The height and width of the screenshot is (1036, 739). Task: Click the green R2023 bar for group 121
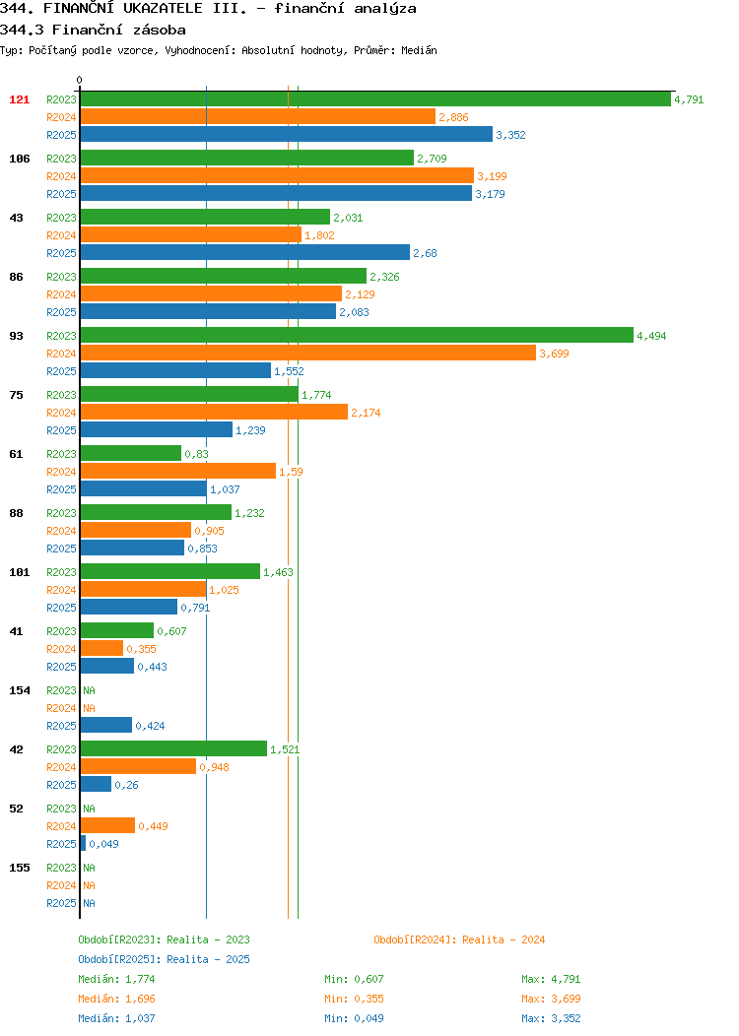[375, 99]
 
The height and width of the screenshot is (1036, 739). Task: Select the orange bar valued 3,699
[308, 354]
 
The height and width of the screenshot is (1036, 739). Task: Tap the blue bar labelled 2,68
[245, 253]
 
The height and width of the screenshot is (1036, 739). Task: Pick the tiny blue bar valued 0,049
[84, 844]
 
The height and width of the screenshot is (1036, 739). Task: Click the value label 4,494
[651, 336]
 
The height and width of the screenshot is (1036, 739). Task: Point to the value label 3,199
[492, 176]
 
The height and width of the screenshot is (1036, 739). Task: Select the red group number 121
[19, 99]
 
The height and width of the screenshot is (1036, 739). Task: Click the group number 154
[19, 690]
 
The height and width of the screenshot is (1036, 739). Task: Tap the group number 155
[19, 868]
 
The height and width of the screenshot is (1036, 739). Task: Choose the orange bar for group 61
[177, 471]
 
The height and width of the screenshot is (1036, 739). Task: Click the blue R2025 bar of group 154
[106, 725]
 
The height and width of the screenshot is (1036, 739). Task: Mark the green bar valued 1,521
[173, 748]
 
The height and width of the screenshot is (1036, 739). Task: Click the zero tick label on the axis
[80, 80]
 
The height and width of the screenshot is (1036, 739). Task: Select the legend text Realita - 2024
[504, 939]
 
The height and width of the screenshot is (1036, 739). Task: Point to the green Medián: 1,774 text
[116, 979]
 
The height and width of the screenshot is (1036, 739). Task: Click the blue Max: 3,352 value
[551, 1018]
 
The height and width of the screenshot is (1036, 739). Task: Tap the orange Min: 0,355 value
[354, 999]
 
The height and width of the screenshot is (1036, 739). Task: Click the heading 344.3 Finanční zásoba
[93, 30]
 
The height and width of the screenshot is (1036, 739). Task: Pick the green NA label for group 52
[90, 809]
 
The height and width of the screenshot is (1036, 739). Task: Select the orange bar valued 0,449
[107, 825]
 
